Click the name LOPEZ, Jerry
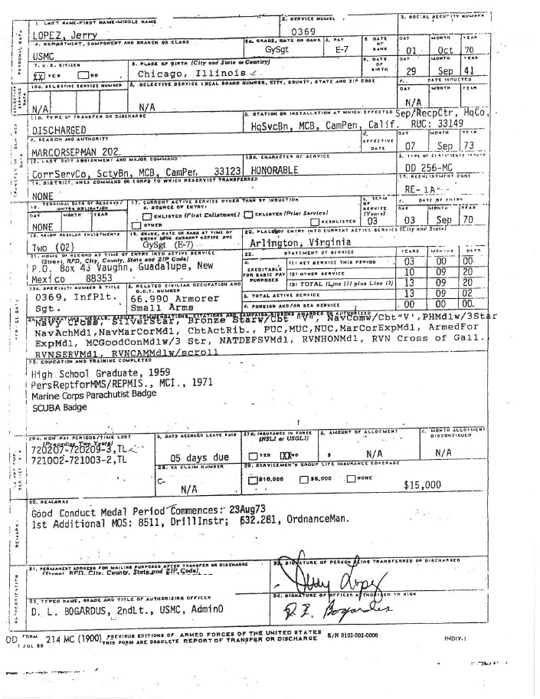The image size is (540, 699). (57, 37)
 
